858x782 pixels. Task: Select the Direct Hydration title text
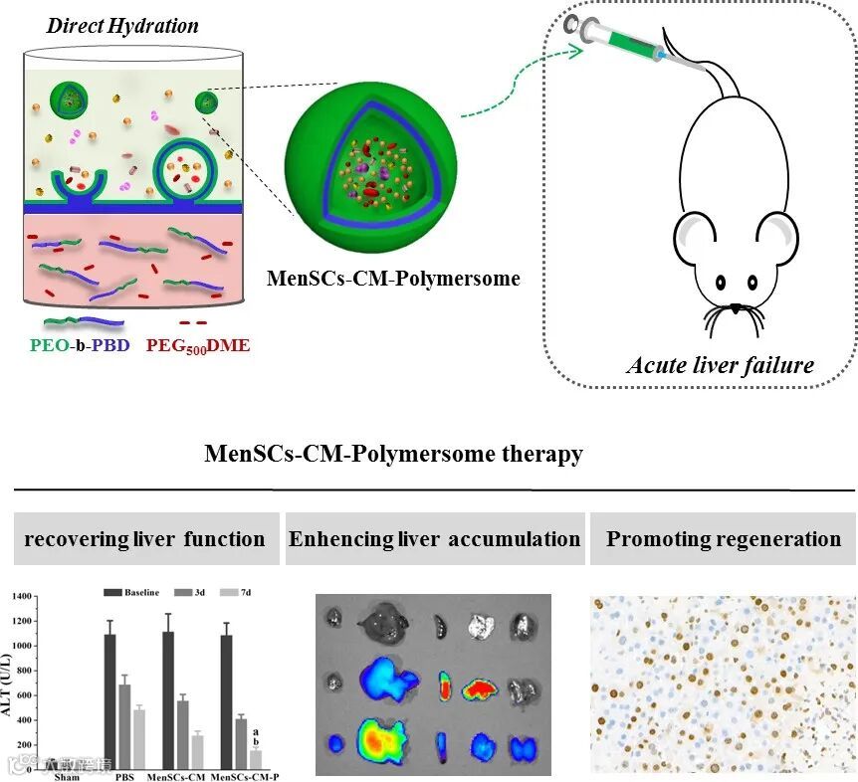point(122,25)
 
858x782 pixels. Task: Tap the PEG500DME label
point(198,347)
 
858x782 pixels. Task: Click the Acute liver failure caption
point(720,365)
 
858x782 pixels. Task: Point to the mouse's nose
point(735,308)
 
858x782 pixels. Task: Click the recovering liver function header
point(144,540)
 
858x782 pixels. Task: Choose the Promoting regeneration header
point(724,540)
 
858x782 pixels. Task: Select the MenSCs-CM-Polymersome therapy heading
point(393,455)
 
